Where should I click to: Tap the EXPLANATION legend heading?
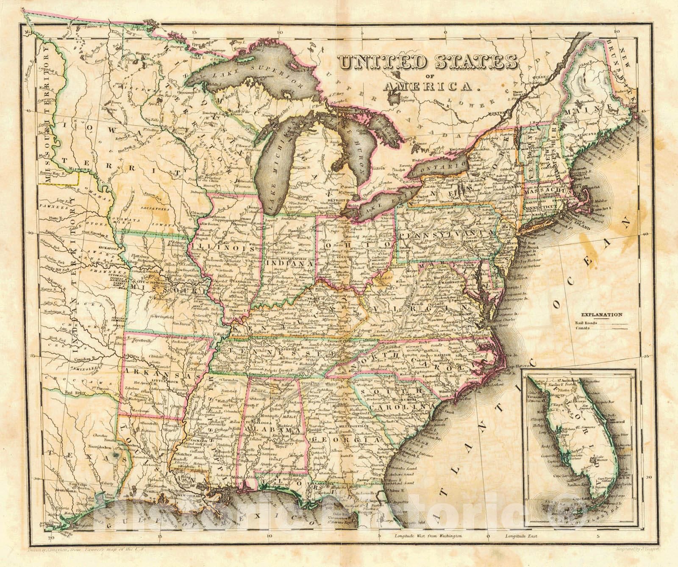601,315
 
